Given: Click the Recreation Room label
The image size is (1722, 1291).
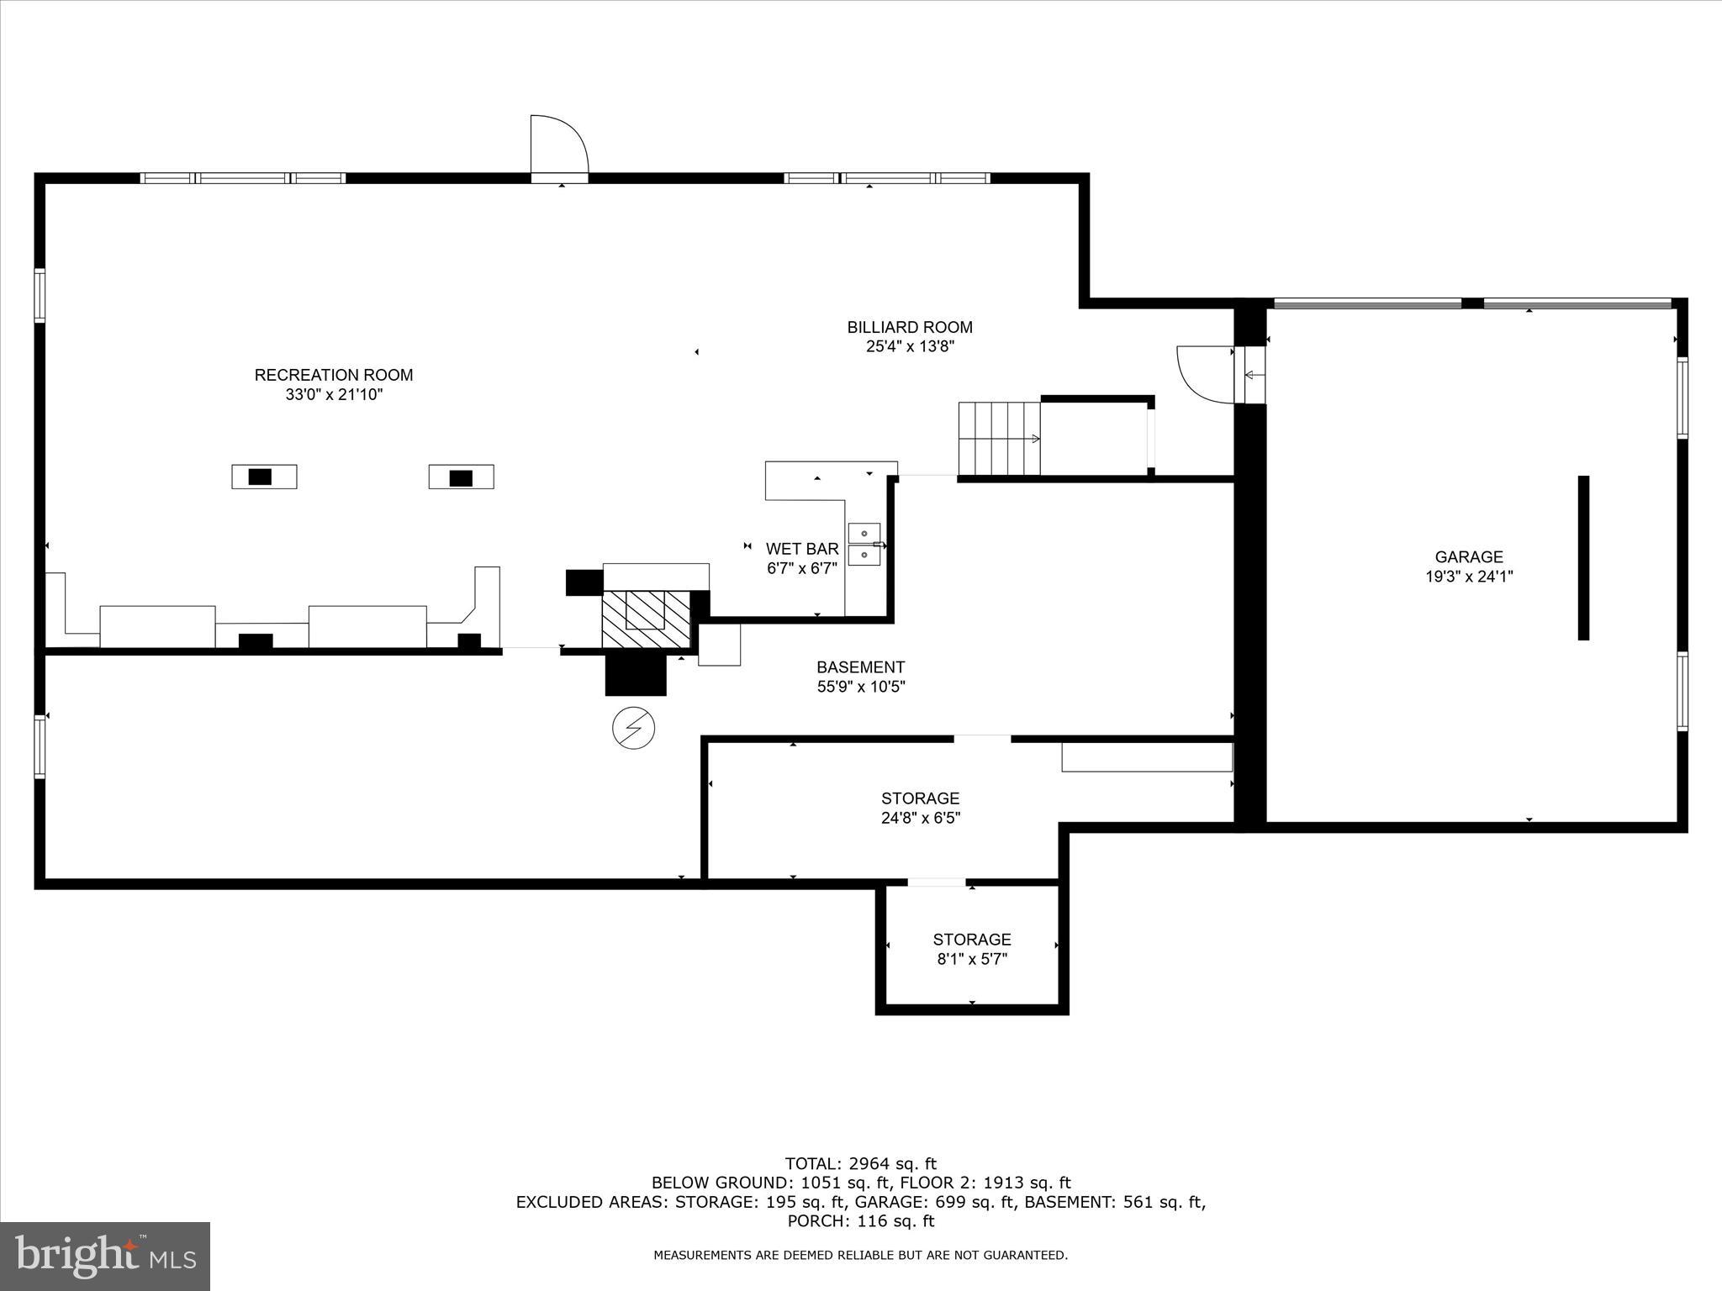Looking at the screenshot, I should coord(334,375).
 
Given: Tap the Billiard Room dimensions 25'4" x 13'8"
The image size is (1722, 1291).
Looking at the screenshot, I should coord(910,346).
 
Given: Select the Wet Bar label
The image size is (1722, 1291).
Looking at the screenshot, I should coord(802,549).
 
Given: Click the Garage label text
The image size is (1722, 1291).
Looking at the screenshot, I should coord(1469,556).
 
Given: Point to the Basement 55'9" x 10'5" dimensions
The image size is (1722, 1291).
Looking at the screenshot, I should coord(860,687).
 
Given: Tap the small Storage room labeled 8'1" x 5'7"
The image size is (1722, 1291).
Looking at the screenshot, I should coord(971,949).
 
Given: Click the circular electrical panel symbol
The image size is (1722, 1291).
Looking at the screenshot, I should coord(634,728).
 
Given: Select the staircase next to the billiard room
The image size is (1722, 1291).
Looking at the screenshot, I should coord(1000,438).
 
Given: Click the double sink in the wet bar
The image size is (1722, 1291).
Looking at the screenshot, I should coord(864,544).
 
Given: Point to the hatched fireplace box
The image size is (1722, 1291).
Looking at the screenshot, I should coord(645,618).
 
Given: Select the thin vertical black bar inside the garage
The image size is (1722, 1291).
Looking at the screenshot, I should coord(1583,557).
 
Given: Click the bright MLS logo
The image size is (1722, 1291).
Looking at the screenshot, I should coord(105,1256).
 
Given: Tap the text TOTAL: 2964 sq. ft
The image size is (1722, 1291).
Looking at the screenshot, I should coord(860,1163).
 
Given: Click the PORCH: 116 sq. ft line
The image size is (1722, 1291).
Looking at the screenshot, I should coord(860,1221).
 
